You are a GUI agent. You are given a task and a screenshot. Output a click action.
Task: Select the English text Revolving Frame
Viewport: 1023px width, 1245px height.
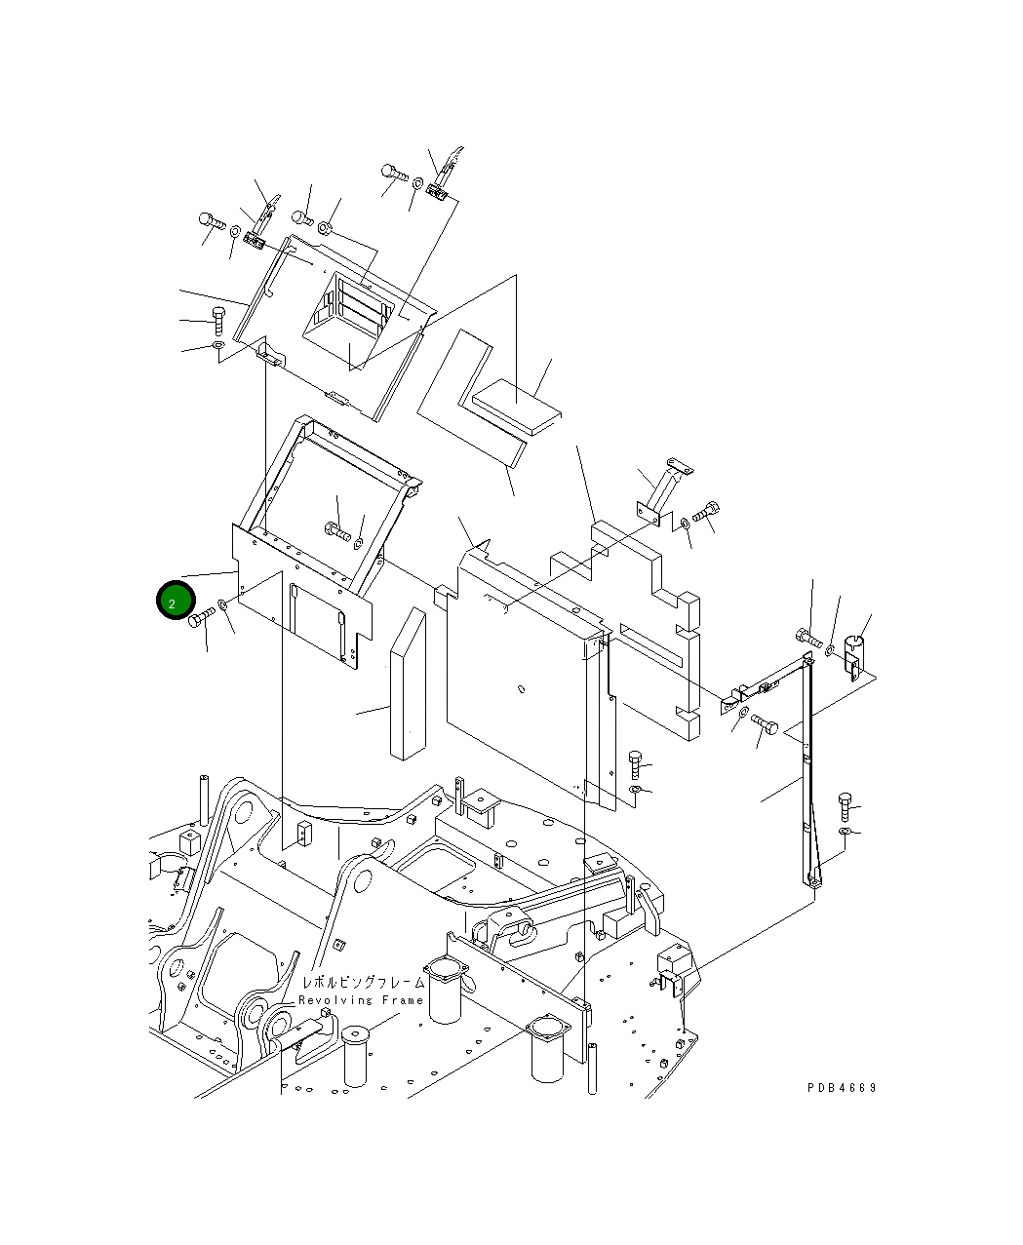tap(361, 1000)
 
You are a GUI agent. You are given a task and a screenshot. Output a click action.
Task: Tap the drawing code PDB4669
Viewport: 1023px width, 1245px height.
tap(841, 1087)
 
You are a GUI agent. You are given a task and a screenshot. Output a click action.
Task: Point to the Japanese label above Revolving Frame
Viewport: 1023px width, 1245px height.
tap(363, 983)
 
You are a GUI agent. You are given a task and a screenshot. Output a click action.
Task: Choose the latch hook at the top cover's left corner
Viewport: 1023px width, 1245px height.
tap(261, 224)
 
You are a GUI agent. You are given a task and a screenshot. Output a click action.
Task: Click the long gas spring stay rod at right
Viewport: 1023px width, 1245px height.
tap(807, 770)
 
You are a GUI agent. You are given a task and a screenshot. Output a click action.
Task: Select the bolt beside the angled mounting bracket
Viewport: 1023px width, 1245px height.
tap(706, 511)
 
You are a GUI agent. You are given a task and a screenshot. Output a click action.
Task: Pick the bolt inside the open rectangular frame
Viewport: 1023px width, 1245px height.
tap(337, 532)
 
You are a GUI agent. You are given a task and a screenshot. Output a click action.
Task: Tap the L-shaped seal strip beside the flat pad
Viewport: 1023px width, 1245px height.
tap(473, 400)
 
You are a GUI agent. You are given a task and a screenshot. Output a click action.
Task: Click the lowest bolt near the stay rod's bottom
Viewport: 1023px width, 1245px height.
tap(845, 806)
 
